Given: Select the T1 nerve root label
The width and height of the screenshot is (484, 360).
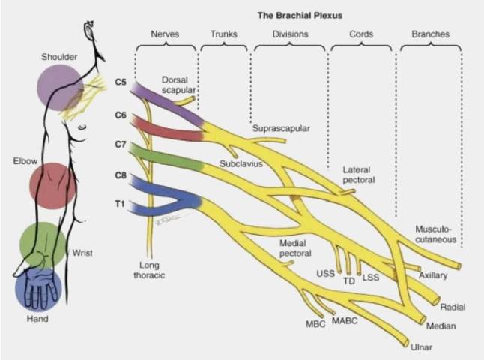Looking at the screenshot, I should [120, 202].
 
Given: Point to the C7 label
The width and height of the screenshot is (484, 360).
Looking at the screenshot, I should [120, 143].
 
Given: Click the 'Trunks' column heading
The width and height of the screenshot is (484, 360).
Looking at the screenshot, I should [223, 34].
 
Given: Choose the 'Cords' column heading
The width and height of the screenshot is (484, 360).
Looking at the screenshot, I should [362, 34].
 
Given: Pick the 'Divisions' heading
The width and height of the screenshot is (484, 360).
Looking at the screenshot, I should [290, 34].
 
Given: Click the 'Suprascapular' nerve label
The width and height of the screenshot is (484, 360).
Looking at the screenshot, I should [281, 128].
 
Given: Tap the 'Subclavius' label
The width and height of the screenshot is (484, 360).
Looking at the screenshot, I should [241, 163].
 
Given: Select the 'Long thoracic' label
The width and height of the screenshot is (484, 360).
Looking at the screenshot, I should [156, 270].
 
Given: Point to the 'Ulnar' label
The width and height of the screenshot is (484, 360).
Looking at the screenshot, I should [422, 347].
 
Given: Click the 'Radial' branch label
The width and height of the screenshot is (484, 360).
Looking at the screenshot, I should [453, 307].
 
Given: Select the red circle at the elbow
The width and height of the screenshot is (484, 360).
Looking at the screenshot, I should [52, 185].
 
